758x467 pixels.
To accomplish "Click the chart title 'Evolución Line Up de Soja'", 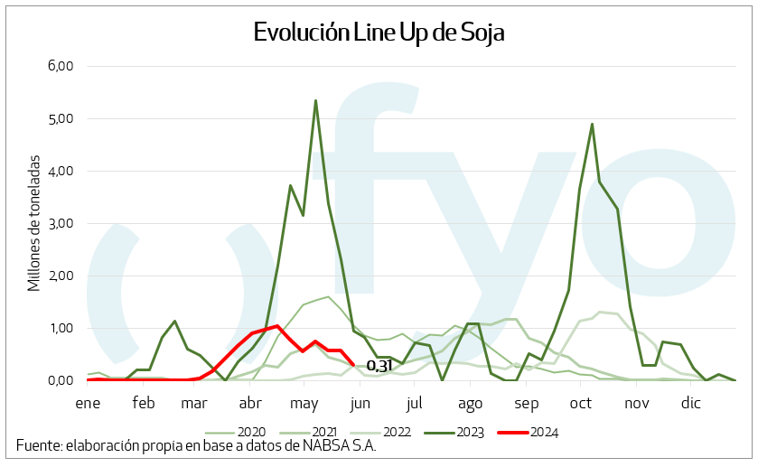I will [378, 33].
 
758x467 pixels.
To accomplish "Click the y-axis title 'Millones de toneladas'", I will [34, 222].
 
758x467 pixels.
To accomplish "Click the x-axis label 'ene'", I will [88, 401].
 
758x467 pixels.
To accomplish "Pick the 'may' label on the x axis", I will [304, 401].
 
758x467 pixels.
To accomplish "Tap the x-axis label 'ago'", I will [470, 401].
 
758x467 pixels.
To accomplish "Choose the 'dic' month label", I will [691, 401].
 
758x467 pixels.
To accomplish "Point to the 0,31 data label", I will [379, 366].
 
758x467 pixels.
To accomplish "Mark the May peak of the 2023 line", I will [315, 100].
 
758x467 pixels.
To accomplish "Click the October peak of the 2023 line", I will [592, 124].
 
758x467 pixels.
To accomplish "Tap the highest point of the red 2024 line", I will [277, 325].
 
